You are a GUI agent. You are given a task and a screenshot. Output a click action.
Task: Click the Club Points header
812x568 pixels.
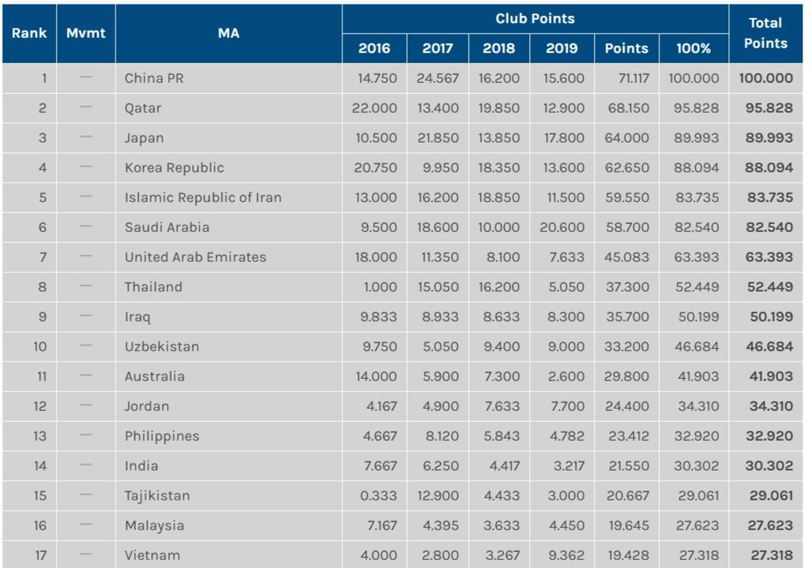535,19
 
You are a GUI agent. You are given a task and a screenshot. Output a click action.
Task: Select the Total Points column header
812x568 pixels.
765,33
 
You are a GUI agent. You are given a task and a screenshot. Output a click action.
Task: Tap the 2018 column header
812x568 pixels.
499,49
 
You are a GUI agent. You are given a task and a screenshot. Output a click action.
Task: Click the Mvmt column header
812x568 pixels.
86,33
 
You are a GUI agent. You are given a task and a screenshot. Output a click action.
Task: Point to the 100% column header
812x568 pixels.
694,49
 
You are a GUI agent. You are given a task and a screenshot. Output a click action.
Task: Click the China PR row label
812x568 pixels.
154,79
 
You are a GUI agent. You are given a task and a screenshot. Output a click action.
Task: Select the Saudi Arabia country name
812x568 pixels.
166,227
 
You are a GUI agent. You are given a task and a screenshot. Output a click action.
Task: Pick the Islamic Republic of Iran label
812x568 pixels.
203,197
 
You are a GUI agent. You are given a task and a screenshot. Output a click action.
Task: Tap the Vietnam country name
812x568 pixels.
152,555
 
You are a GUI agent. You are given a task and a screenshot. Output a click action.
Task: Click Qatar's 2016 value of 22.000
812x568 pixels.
376,108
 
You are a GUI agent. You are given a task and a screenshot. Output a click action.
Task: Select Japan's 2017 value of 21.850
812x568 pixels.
438,138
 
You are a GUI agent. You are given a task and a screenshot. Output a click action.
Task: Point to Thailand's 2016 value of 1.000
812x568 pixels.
380,287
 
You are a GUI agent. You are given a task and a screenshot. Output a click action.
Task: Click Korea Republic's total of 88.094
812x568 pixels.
769,168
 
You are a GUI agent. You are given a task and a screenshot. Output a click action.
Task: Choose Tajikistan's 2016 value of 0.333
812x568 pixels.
379,496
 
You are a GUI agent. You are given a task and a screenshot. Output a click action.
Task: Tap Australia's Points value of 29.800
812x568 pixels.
627,377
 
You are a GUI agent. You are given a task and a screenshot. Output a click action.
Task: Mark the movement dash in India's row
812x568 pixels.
86,465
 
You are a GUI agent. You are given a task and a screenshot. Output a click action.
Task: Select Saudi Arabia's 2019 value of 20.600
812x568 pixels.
562,228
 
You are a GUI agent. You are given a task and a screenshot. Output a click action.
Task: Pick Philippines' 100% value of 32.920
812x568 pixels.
698,436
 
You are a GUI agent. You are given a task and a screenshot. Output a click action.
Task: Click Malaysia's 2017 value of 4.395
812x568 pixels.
441,526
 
